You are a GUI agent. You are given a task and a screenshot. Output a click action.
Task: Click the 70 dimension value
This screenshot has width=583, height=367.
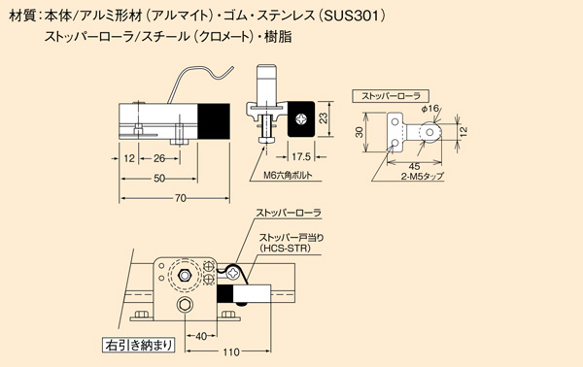[x=181, y=198]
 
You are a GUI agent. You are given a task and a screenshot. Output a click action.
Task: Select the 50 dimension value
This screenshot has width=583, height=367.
[x=159, y=179]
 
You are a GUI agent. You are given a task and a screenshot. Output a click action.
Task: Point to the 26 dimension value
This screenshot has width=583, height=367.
[x=159, y=158]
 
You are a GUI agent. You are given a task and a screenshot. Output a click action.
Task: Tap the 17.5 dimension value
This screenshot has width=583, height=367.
[x=301, y=156]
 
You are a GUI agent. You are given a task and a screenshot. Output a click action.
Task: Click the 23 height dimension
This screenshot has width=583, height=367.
[x=324, y=118]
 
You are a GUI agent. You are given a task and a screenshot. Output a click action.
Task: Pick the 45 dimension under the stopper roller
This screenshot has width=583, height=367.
[x=414, y=166]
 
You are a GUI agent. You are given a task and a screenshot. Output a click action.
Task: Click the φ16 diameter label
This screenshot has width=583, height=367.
[x=430, y=109]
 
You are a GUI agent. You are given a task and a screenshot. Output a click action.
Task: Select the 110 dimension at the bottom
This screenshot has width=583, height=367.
[x=231, y=351]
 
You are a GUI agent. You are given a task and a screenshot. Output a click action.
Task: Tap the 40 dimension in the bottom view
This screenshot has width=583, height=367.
[x=201, y=336]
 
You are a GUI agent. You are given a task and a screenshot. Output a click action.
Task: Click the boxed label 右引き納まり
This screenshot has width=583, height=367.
[x=138, y=345]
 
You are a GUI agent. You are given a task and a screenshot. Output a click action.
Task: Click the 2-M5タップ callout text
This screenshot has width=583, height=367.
[x=423, y=176]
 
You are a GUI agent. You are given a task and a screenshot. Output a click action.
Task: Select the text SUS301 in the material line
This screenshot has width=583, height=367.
[x=351, y=16]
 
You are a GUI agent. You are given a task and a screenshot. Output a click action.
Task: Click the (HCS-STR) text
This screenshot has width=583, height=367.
[x=285, y=248]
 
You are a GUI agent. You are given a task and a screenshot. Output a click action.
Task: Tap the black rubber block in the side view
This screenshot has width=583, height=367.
[x=214, y=121]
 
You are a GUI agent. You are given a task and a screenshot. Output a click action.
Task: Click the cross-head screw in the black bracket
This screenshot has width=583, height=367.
[x=300, y=119]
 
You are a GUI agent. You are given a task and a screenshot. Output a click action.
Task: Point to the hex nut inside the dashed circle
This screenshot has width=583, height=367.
[x=185, y=276]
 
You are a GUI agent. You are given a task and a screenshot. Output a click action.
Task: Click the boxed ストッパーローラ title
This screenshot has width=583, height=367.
[x=391, y=96]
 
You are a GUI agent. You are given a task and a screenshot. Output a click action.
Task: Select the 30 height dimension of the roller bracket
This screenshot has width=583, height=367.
[x=360, y=132]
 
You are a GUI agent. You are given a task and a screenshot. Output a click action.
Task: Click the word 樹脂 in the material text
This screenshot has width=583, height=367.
[x=278, y=37]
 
